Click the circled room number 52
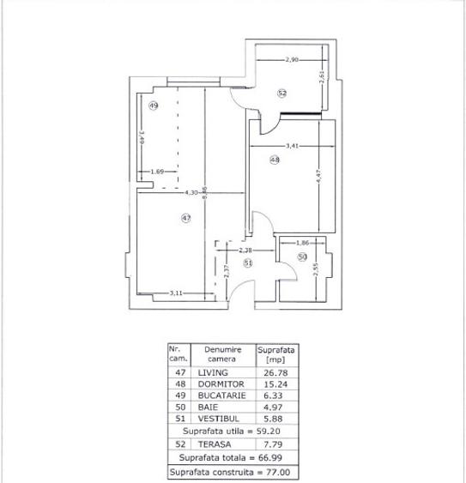281,92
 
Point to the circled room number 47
185,219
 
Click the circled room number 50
302,257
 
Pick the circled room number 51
248,263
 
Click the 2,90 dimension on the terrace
292,59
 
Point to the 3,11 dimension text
175,293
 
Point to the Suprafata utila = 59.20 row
233,431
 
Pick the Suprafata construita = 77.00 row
233,472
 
